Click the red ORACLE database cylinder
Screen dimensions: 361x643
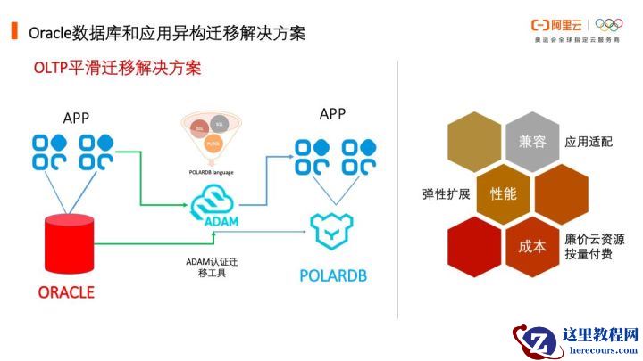coord(69,245)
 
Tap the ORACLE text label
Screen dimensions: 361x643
coord(66,291)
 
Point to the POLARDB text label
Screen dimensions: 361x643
coord(331,275)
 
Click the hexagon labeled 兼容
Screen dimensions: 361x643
coord(525,142)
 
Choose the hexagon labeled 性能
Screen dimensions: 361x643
coord(503,193)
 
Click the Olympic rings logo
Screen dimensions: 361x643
coord(614,27)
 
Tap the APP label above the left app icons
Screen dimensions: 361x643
coord(77,118)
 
